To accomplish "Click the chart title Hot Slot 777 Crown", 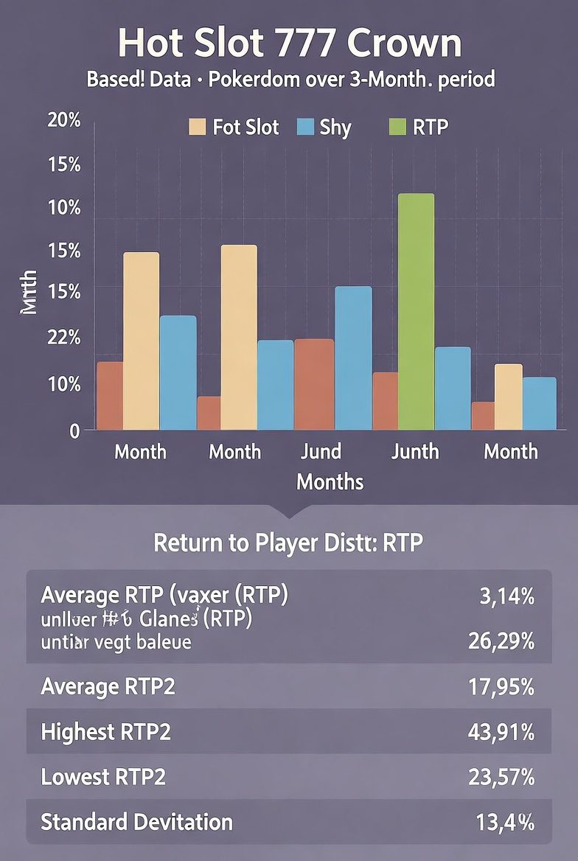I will point(289,44).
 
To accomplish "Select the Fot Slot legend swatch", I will point(197,127).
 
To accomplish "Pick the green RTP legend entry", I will point(417,127).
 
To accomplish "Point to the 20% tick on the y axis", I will point(63,121).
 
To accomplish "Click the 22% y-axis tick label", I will point(63,338).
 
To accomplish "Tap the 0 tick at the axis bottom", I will point(74,430).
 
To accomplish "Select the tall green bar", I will point(416,311).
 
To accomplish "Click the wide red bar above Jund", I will point(314,384).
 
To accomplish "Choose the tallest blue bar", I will point(353,358).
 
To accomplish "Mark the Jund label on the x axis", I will point(321,451).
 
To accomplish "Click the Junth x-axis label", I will point(415,451).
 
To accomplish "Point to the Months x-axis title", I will point(330,482).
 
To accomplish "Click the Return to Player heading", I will point(288,543).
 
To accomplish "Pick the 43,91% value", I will point(501,732).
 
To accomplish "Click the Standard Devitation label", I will point(136,822).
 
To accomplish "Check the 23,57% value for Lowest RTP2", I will point(501,777).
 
